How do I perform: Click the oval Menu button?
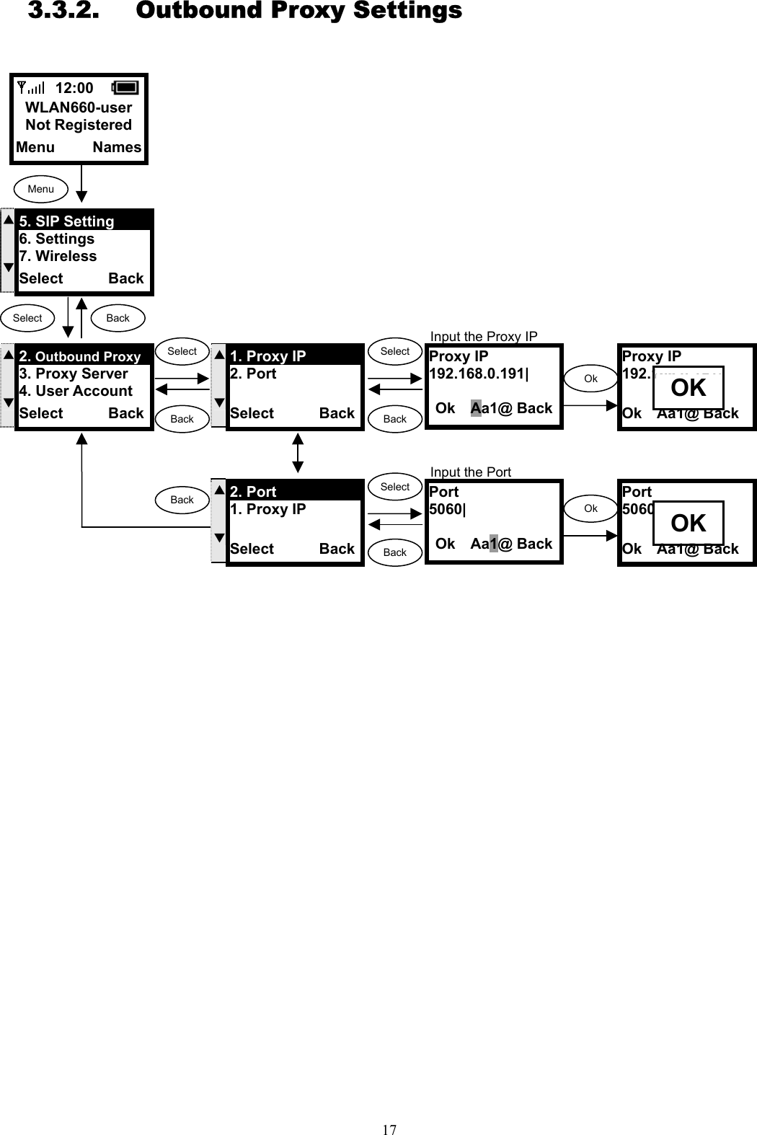pos(41,189)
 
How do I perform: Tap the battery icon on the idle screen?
pos(125,87)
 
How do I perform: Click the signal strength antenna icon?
pos(30,88)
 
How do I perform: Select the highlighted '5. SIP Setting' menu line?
pos(66,221)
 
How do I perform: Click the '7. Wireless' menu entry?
pos(58,256)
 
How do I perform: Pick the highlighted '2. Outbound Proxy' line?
pos(80,356)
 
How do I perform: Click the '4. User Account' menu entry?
pos(76,391)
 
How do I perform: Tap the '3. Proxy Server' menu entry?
pos(74,374)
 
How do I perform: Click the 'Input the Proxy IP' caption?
pos(484,336)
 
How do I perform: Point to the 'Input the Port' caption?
pos(470,472)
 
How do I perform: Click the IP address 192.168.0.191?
pos(478,374)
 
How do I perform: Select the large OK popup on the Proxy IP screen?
pos(688,388)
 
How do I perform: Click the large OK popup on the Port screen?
pos(688,524)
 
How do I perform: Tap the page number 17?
pos(389,1129)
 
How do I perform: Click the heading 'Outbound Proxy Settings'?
pos(298,11)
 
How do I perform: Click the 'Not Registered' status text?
pos(79,125)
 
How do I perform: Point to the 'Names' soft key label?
pos(117,147)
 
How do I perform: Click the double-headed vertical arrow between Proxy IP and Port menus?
pos(298,453)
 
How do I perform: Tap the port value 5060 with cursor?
pos(447,509)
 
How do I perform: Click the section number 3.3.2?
pos(63,11)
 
